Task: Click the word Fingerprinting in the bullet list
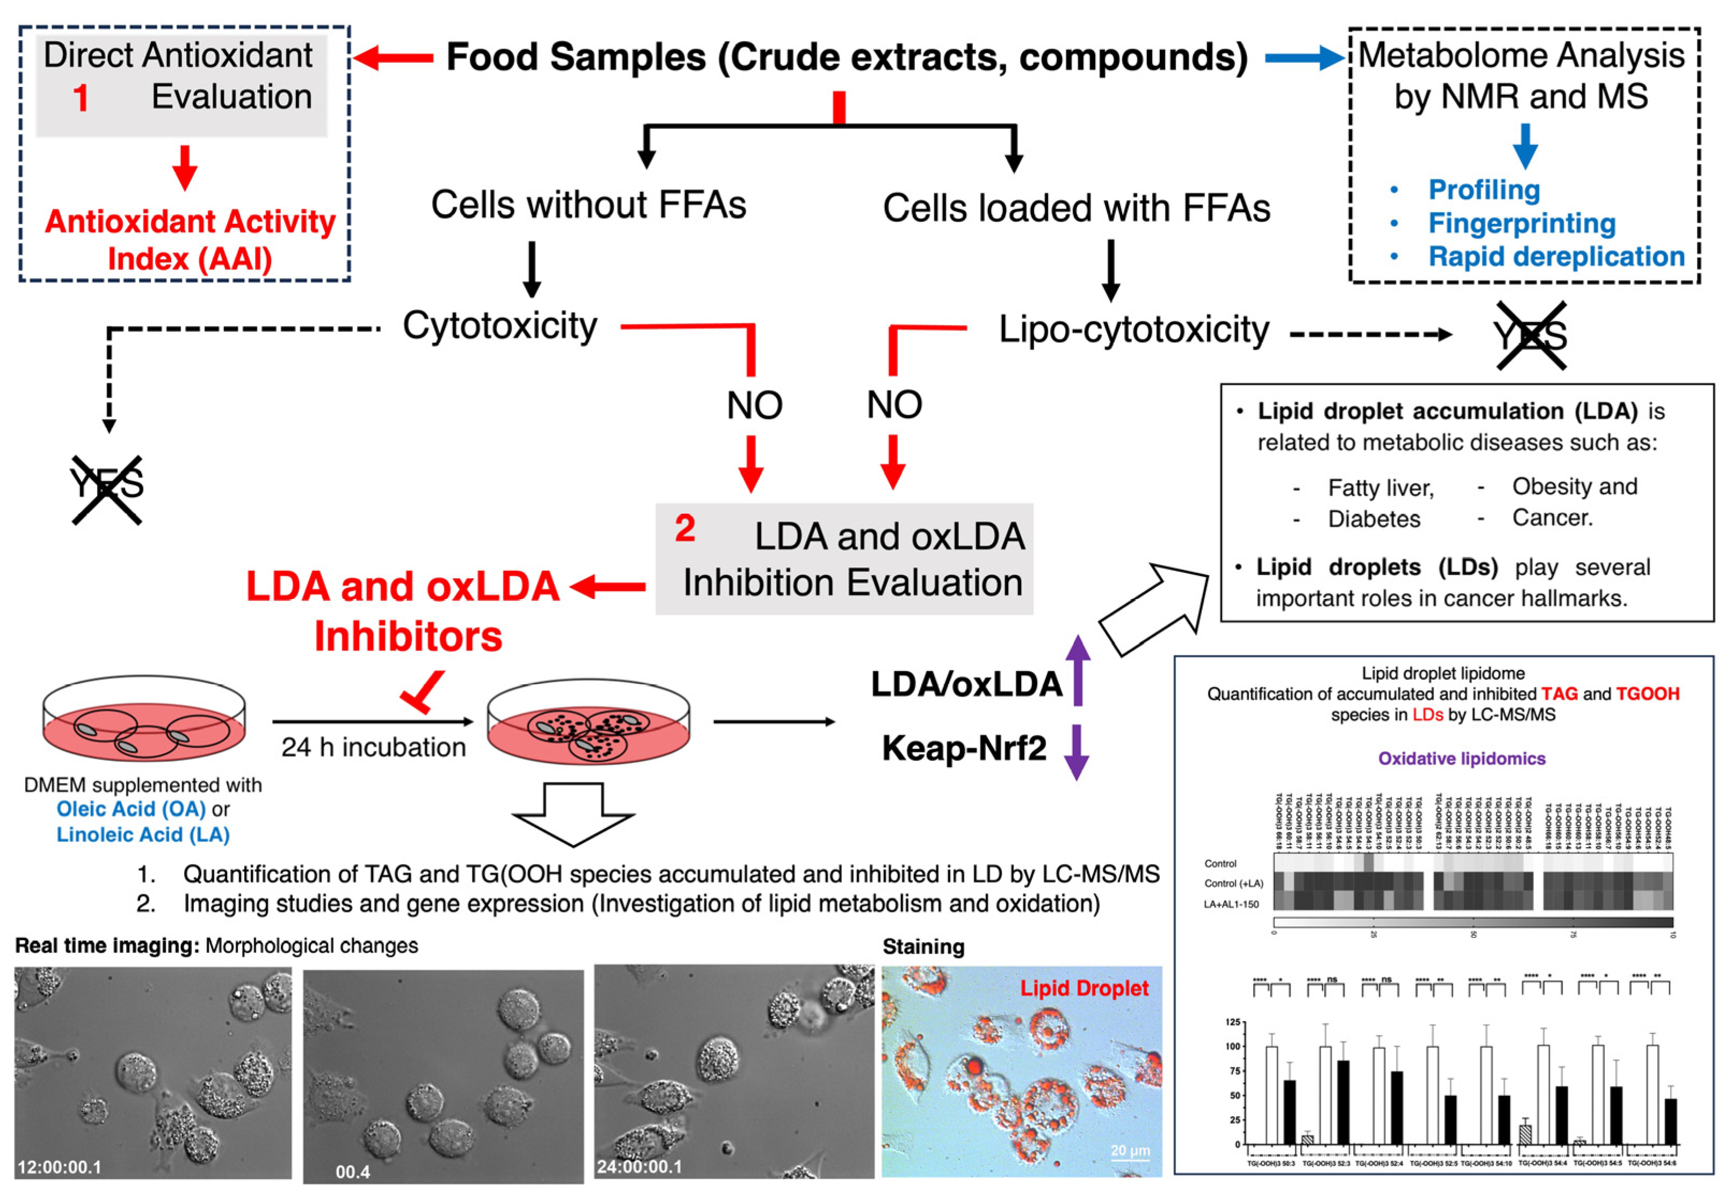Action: click(1522, 223)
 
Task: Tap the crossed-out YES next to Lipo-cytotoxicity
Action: click(1531, 336)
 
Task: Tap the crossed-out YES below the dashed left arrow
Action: click(107, 489)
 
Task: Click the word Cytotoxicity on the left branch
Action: click(500, 326)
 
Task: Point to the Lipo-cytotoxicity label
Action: click(1133, 330)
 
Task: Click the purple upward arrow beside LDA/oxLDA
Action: click(1078, 669)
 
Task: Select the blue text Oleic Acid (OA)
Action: click(131, 809)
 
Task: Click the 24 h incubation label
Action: click(373, 747)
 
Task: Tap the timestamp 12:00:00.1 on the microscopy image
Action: click(60, 1167)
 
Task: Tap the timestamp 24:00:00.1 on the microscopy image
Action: click(639, 1167)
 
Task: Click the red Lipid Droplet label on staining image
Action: click(1084, 988)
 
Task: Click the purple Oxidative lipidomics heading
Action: click(1461, 759)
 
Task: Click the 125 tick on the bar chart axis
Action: click(1232, 1022)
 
